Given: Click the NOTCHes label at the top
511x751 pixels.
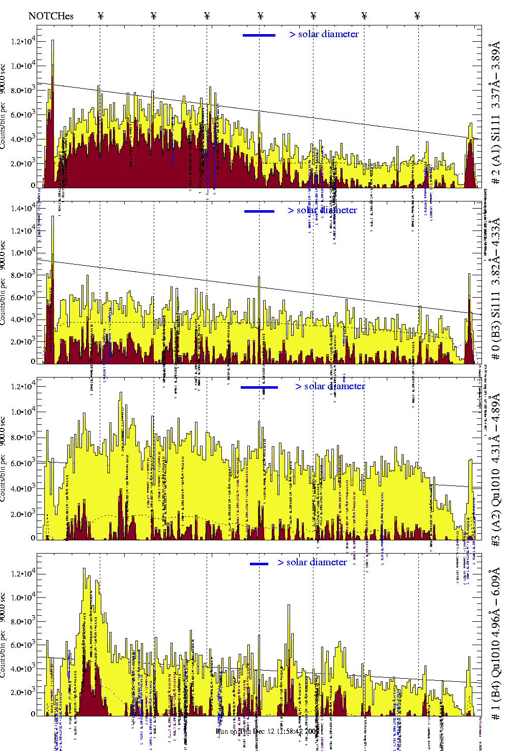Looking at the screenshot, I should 51,16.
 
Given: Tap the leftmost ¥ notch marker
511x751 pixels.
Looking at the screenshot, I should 100,16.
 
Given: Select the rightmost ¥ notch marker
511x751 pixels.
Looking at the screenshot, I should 417,16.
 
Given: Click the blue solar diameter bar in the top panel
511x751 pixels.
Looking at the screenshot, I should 259,35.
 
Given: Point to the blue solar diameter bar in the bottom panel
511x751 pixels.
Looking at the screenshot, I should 259,564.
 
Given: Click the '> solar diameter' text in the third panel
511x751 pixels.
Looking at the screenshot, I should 330,386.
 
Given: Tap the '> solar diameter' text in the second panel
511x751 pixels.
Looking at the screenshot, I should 322,210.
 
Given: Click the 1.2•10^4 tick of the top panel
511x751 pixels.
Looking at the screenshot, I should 23,41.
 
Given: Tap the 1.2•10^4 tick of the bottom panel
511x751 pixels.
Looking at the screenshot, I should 23,573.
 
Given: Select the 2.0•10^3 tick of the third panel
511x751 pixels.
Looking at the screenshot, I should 23,514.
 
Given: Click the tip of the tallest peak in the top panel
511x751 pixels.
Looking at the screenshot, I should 52,40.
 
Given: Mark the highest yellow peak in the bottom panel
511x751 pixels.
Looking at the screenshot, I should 84,569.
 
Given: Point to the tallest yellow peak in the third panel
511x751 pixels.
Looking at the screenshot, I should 121,392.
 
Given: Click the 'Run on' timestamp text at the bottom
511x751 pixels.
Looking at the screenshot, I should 267,731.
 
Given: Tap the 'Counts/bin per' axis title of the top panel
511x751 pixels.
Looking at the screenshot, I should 4,126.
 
